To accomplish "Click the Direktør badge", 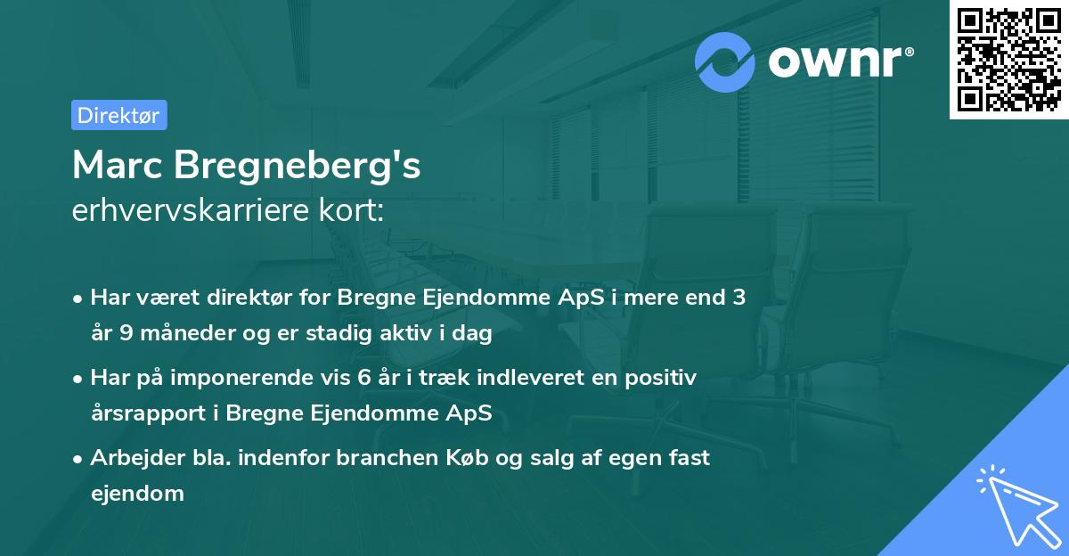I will (x=118, y=115).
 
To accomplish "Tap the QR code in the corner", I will (x=1009, y=59).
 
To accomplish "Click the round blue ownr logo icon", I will (x=725, y=61).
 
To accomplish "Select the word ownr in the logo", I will (x=835, y=61).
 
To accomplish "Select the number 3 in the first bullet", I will (x=739, y=298).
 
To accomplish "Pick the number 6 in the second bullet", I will (x=363, y=377).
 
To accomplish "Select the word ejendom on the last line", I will (x=137, y=493).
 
